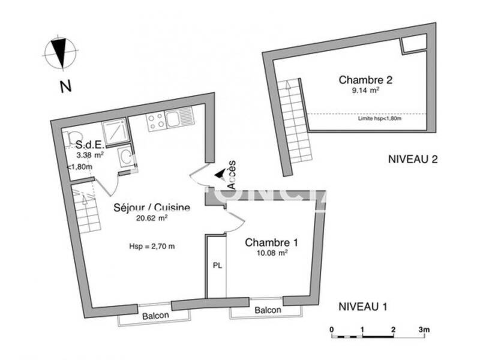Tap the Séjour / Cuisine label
[x=152, y=208]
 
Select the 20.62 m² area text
[x=152, y=218]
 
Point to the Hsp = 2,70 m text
[x=152, y=246]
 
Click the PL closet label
[x=216, y=266]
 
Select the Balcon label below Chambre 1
[x=267, y=310]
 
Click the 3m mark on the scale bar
[x=424, y=329]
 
